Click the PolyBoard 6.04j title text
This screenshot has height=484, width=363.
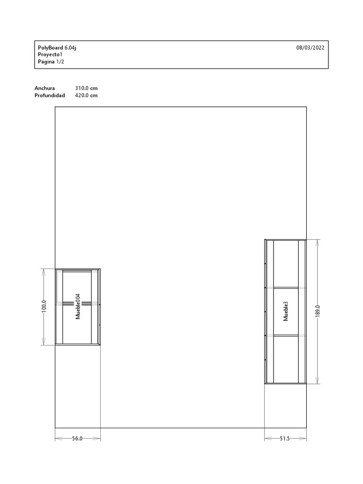click(57, 48)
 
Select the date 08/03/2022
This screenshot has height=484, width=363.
click(310, 48)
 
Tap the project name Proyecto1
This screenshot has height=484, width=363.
click(50, 54)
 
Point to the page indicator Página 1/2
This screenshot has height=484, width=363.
click(51, 61)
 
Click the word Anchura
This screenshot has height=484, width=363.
click(45, 88)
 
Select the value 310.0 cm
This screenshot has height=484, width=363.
click(86, 88)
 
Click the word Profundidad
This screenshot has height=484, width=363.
click(50, 95)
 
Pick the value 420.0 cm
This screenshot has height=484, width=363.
click(86, 95)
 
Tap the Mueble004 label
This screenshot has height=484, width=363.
click(78, 306)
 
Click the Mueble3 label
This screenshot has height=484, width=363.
click(285, 311)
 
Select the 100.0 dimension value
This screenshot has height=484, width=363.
click(44, 306)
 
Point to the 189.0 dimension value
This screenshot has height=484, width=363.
click(318, 311)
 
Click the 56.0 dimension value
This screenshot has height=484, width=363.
click(77, 438)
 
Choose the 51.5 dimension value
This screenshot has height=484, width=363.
click(285, 438)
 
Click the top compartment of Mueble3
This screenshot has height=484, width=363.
click(286, 264)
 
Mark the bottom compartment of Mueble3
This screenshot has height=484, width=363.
click(286, 359)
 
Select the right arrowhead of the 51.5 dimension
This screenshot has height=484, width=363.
click(302, 438)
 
